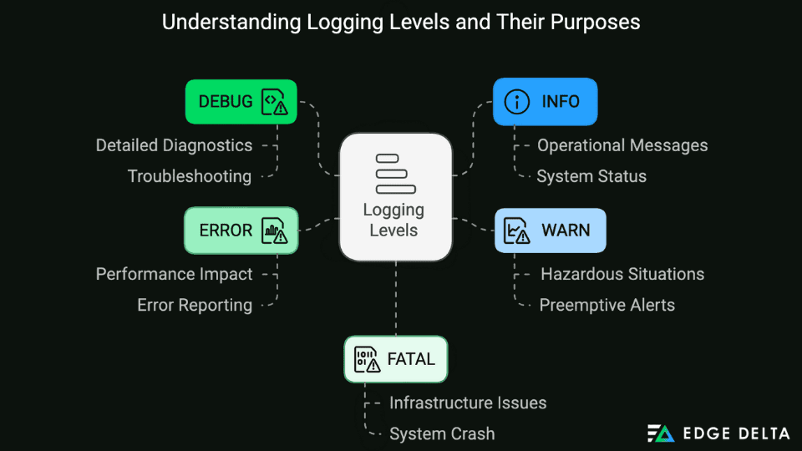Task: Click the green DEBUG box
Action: pos(241,102)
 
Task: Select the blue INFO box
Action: pos(545,102)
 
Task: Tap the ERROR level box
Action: pos(241,230)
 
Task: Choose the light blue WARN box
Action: pos(550,230)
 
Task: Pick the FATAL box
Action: pos(395,359)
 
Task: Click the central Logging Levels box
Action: pos(395,196)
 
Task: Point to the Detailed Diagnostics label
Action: pos(174,145)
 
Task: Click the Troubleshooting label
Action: pos(190,176)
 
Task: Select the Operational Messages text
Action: pos(622,145)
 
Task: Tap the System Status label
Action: pos(591,176)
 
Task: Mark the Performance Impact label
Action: pos(174,274)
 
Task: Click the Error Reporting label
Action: pos(195,306)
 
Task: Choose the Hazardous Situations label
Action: pos(622,274)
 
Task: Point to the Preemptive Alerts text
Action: pos(607,305)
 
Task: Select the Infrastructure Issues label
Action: pos(468,403)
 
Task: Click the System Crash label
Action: pos(442,434)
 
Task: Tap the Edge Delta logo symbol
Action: pos(661,433)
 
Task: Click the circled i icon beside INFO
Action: pos(518,102)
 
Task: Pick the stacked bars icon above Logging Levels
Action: pos(391,173)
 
